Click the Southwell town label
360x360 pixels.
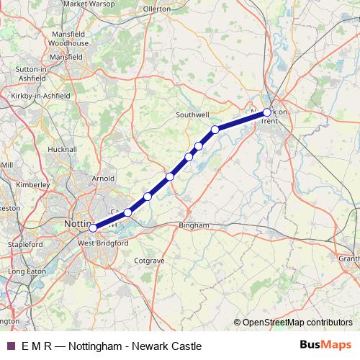coord(192,114)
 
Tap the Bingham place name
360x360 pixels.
coord(193,225)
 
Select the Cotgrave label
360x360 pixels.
coord(150,260)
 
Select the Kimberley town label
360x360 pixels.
coord(32,184)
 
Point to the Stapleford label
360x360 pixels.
coord(24,245)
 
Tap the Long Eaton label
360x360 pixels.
coord(26,271)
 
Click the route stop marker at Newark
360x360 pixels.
coord(267,112)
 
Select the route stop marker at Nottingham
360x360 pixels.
coord(93,228)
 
